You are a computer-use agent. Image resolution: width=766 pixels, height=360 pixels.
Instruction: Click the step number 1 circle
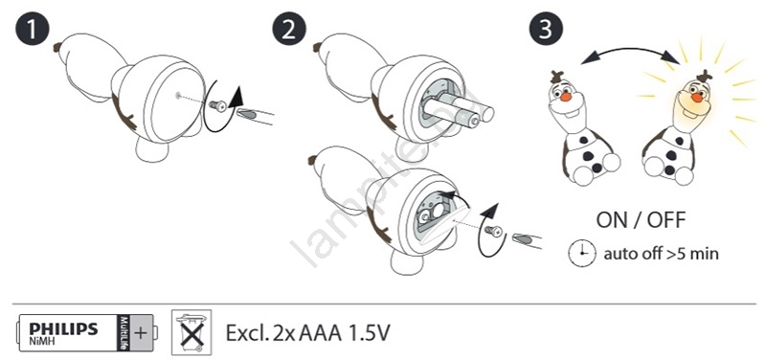point(32,30)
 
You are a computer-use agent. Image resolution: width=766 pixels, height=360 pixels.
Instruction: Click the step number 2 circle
point(289,30)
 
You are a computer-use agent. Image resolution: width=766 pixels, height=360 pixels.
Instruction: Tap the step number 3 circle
point(546,30)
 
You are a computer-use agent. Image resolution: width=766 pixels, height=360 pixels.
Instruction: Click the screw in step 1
point(217,104)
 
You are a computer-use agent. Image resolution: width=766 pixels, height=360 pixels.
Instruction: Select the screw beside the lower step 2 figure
point(494,230)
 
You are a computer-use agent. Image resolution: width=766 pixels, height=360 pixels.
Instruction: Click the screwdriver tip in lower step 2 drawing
point(523,239)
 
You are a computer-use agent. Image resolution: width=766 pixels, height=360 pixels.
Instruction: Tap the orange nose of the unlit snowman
point(566,97)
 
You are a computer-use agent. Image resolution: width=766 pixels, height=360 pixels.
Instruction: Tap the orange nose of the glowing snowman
point(698,98)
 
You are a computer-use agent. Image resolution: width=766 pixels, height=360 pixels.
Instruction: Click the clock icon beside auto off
point(582,254)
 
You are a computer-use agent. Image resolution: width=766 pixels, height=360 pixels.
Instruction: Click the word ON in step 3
point(613,220)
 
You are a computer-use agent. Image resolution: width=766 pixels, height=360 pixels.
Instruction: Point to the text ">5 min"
point(692,254)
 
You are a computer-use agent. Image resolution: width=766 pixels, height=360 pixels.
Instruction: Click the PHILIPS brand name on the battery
point(63,328)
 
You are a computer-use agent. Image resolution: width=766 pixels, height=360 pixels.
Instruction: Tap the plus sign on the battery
point(140,333)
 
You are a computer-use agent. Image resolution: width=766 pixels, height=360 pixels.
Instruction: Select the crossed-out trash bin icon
point(191,332)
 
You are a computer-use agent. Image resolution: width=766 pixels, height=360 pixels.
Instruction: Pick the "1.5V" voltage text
point(369,333)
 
